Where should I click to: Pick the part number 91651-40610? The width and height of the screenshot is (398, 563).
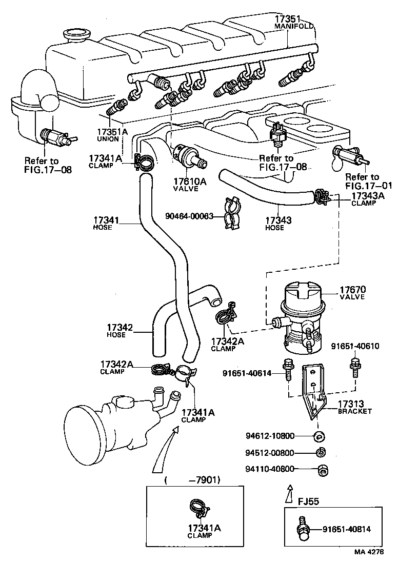(x=354, y=346)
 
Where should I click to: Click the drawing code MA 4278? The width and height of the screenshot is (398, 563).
(x=372, y=552)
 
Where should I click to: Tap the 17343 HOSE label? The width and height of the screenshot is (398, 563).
(x=278, y=223)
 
